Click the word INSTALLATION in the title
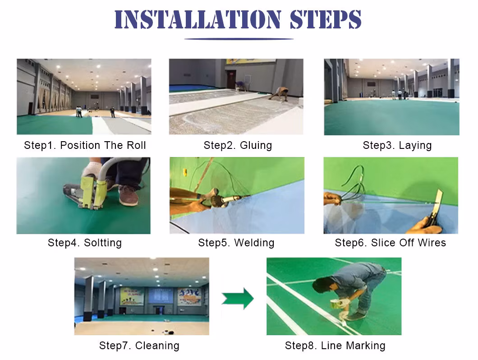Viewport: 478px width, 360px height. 198,19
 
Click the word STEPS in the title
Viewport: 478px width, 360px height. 326,19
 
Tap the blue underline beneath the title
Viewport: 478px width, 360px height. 239,39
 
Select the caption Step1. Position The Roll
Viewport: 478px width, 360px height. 85,145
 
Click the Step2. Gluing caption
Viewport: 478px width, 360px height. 238,145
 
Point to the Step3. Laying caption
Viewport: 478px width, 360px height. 397,145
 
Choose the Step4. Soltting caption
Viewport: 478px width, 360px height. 85,243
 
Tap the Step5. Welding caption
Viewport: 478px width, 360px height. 236,243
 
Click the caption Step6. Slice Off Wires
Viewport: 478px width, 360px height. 391,243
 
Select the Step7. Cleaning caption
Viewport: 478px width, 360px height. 139,346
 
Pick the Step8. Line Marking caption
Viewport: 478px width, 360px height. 336,346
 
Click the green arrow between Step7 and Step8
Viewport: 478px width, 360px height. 238,298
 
